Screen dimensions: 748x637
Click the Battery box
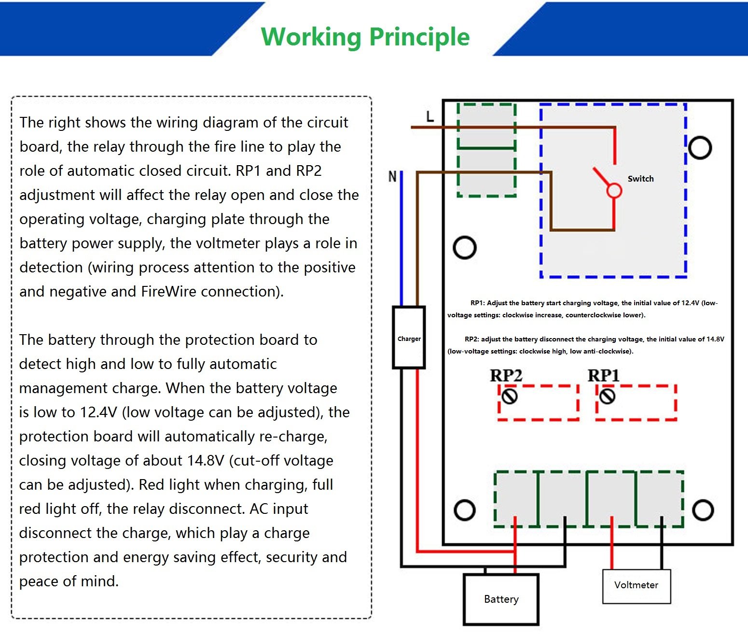click(501, 599)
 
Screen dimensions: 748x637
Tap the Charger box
click(409, 338)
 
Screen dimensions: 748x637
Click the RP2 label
click(506, 376)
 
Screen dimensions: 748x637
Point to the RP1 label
click(603, 376)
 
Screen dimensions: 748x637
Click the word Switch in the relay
click(640, 179)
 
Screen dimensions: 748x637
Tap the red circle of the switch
click(614, 191)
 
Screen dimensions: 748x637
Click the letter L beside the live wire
click(430, 116)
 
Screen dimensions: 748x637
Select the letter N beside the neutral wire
click(392, 176)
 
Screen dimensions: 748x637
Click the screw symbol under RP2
click(510, 396)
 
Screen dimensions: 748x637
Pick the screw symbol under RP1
click(607, 396)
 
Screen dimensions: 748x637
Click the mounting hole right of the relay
click(700, 148)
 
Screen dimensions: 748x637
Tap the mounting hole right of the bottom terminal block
click(703, 510)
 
